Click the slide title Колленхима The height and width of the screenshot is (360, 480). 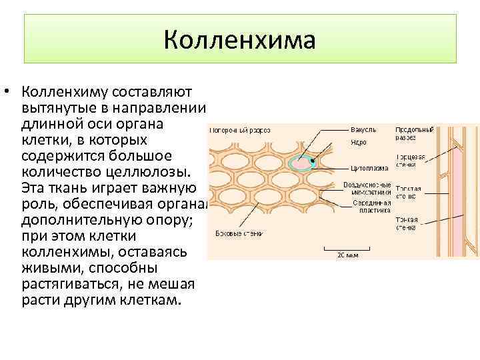[x=239, y=41]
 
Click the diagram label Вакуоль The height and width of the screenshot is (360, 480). [x=363, y=129]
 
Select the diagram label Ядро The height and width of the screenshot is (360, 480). [x=358, y=142]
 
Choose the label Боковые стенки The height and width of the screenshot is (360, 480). [x=239, y=233]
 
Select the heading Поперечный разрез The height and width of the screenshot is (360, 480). [x=241, y=131]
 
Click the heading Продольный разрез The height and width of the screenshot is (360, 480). [x=414, y=133]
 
